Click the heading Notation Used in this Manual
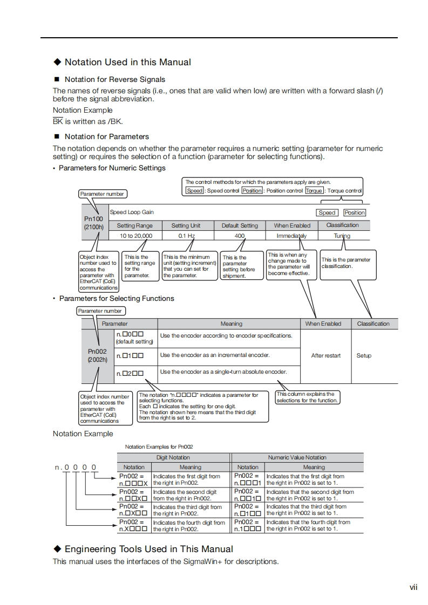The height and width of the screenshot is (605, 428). (x=127, y=63)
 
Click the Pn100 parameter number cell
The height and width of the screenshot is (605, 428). (x=93, y=223)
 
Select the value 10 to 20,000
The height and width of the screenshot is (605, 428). (x=135, y=236)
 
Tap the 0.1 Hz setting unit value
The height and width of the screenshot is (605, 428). (x=186, y=236)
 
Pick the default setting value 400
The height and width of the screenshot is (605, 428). (x=240, y=236)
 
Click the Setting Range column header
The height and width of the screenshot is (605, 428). (x=135, y=225)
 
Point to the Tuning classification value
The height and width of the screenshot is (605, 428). (x=342, y=236)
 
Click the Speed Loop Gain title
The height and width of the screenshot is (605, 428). (x=132, y=212)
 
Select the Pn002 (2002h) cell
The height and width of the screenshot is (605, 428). (x=98, y=355)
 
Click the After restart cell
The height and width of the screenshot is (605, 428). (x=326, y=355)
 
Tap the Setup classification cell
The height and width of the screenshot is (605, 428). (x=364, y=355)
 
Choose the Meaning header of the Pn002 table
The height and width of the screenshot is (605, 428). (x=231, y=324)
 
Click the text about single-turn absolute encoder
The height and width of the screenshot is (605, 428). (x=223, y=372)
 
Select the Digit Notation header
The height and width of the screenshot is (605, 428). (x=173, y=457)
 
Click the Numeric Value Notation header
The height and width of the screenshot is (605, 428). (x=297, y=457)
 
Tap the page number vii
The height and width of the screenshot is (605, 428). (x=413, y=587)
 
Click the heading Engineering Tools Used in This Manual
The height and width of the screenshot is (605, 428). (x=148, y=549)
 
